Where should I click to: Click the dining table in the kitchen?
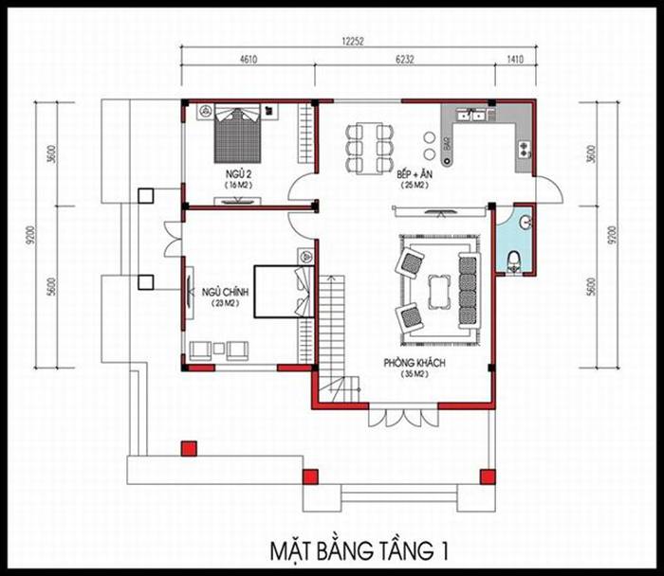pyautogui.click(x=369, y=147)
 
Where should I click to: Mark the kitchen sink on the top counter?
pyautogui.click(x=471, y=115)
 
